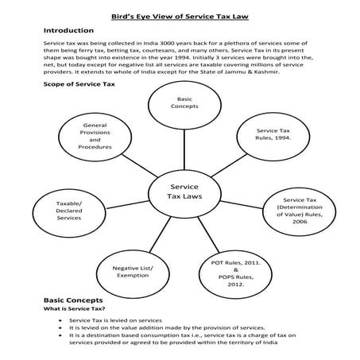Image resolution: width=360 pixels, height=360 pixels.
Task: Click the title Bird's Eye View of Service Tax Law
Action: (x=180, y=10)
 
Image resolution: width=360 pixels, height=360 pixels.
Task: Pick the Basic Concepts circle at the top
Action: (x=179, y=102)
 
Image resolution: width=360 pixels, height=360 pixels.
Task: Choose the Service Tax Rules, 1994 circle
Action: (x=272, y=133)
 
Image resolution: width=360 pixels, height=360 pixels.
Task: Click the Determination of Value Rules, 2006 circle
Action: (x=300, y=211)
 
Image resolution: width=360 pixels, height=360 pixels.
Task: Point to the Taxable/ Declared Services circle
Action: (x=69, y=211)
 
